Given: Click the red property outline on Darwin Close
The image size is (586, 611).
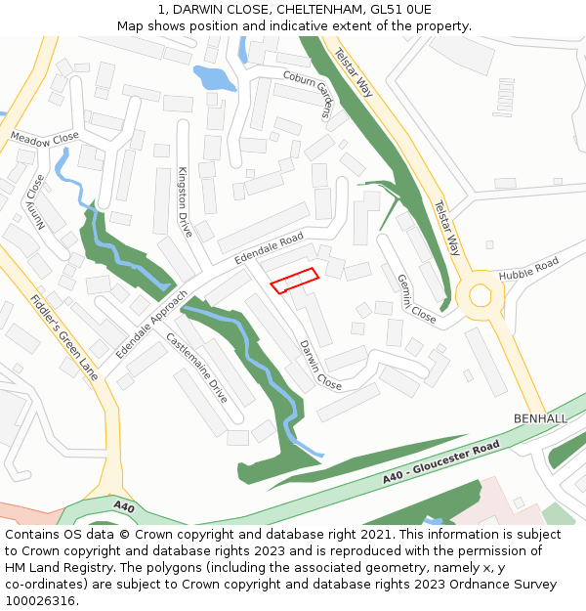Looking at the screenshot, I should coord(294,281).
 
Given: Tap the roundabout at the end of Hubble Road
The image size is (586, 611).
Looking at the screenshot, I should coord(480,293).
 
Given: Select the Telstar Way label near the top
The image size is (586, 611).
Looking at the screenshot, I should coord(354,72).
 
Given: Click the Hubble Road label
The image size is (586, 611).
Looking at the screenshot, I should coord(528,270).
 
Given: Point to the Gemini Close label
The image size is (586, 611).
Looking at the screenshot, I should coord(416,298).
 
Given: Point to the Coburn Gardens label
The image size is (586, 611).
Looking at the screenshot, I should coord(310,94).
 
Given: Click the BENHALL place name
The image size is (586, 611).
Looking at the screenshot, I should coord(540,418).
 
